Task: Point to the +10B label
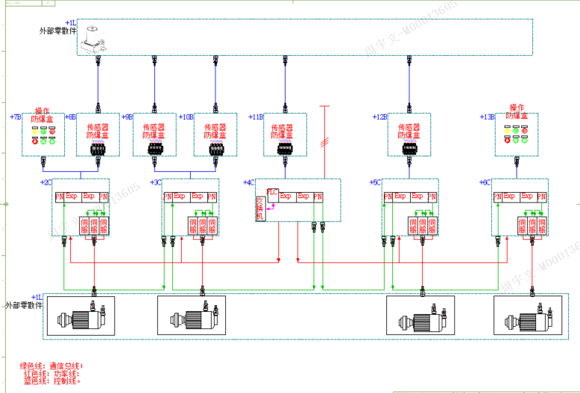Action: click(186, 117)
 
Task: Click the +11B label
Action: click(256, 117)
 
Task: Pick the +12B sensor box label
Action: click(380, 117)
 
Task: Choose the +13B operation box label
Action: click(488, 117)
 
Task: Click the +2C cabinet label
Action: click(45, 182)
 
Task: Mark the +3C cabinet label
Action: click(156, 182)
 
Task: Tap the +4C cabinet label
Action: click(249, 182)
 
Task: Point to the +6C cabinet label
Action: click(485, 182)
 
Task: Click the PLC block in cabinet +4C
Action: click(272, 192)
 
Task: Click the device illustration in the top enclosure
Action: click(93, 41)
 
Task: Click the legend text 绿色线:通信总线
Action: click(51, 365)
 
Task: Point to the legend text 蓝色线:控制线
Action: click(53, 380)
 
